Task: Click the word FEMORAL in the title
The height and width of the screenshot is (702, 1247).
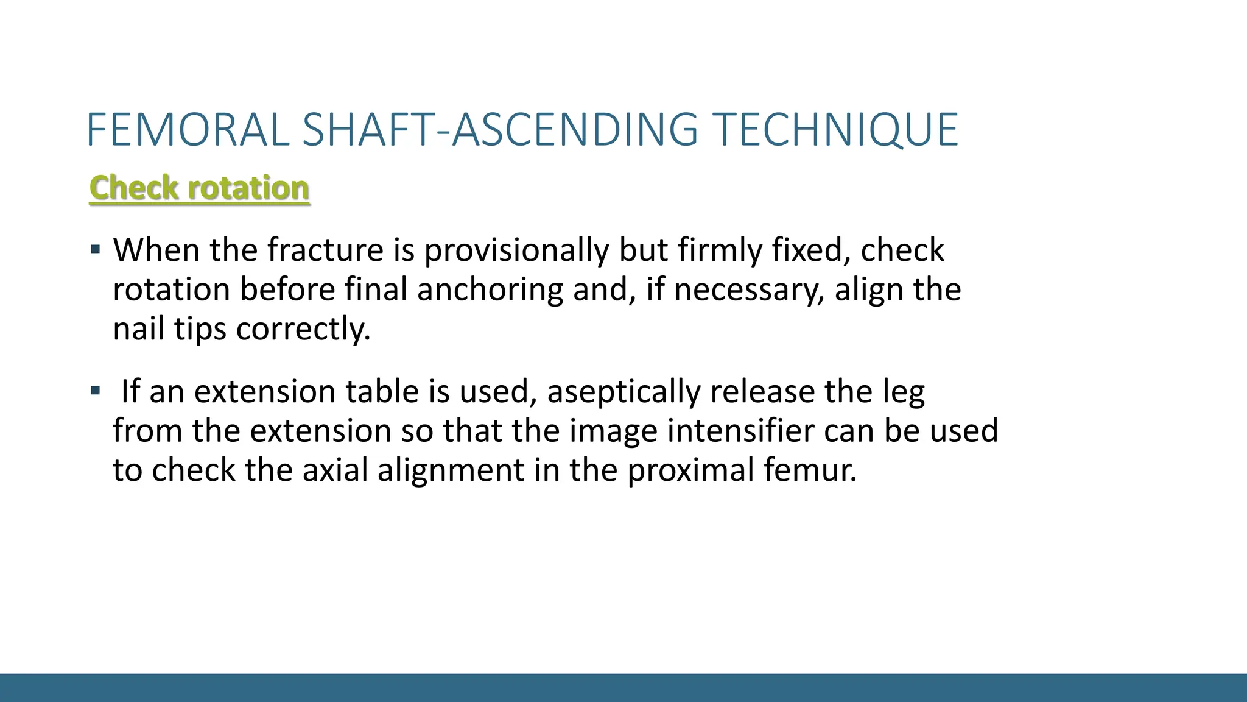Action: pos(188,130)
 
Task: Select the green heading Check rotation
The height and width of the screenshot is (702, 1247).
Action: pos(199,188)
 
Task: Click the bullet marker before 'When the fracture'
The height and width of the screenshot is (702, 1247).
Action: pos(95,249)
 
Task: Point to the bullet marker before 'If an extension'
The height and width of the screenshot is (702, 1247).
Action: pos(95,390)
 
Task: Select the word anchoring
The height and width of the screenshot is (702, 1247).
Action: pos(490,290)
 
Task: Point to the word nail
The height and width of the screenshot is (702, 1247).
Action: pos(139,329)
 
